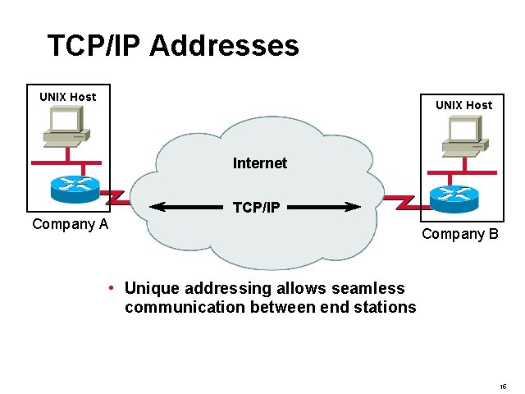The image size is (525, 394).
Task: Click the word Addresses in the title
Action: (x=224, y=45)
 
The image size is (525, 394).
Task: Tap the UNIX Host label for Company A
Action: (x=67, y=97)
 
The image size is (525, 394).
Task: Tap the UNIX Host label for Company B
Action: (x=463, y=105)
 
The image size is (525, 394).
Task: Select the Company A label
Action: (x=70, y=224)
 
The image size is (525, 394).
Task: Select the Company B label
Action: (x=460, y=234)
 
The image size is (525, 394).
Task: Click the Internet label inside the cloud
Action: (x=260, y=163)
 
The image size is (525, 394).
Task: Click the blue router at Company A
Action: (x=75, y=188)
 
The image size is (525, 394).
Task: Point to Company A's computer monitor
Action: (x=65, y=121)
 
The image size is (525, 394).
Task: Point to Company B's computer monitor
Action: (x=463, y=130)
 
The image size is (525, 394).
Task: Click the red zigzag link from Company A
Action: (x=114, y=196)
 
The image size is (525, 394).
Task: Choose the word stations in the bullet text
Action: (x=387, y=307)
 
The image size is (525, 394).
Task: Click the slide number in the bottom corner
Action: (x=502, y=387)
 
